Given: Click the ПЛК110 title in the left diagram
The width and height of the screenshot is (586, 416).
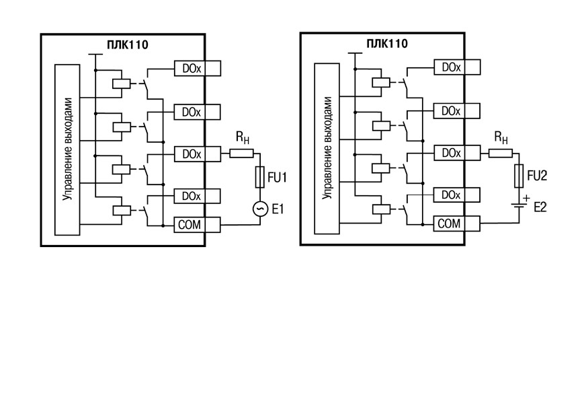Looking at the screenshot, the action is [128, 45].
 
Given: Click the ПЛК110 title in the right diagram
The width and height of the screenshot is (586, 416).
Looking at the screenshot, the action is [387, 44].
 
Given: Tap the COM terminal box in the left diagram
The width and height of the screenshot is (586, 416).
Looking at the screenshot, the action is [197, 225].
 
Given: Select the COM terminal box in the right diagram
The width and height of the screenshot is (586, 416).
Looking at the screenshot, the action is [457, 223].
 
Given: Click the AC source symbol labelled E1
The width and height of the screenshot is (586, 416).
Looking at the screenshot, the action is [260, 209].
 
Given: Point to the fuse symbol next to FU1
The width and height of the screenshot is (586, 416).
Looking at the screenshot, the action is [260, 177].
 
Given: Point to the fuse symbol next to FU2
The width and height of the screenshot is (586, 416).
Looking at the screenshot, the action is [519, 176].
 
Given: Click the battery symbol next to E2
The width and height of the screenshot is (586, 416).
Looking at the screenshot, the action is [519, 205].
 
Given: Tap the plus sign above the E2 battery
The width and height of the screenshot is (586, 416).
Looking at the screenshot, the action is [527, 198].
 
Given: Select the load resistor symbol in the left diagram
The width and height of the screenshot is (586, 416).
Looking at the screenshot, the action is [241, 153].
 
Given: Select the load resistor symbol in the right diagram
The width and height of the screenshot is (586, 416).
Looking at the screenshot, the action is [501, 152].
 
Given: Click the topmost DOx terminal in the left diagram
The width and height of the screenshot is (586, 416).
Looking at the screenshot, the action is [197, 69].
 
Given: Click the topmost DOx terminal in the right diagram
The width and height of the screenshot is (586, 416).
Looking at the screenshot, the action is [457, 67].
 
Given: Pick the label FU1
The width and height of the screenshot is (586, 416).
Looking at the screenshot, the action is [277, 177].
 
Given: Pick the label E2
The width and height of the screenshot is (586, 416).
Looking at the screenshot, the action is [540, 207].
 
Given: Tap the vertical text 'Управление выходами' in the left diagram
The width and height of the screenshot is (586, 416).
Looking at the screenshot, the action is [68, 149].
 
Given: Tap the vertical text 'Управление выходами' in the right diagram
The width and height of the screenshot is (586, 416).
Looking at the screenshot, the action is [327, 148].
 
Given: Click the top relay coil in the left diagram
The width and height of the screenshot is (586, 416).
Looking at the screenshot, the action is [122, 83].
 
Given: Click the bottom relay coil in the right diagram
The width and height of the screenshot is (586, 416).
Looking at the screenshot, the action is [381, 209].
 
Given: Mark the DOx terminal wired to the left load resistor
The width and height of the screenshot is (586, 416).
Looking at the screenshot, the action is [197, 154].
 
